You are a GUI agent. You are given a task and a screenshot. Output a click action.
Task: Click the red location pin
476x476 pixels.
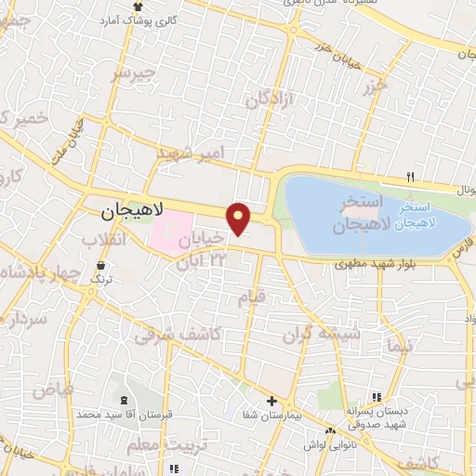tap(240, 218)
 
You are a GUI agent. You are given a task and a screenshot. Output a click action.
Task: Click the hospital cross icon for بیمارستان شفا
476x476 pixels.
tap(271, 402)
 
